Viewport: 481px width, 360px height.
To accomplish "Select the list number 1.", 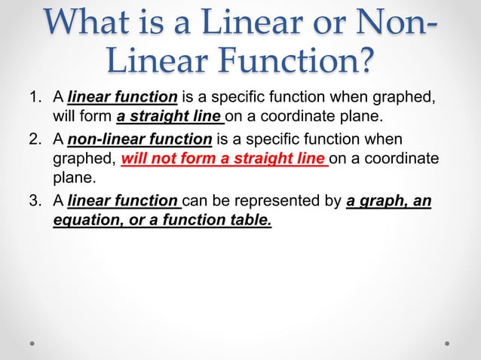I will click(x=32, y=98).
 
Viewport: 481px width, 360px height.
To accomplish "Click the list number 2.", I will click(x=32, y=139).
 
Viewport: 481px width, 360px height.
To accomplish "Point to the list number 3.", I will click(x=32, y=201).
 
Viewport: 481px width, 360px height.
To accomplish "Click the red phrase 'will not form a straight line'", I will click(x=224, y=160).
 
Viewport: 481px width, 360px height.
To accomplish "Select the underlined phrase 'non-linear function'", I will click(x=139, y=139).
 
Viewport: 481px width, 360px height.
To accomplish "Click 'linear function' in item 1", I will click(x=122, y=98).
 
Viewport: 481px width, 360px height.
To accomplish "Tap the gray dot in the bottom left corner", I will click(x=33, y=342).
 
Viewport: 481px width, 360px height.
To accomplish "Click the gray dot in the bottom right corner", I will click(x=447, y=342).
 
